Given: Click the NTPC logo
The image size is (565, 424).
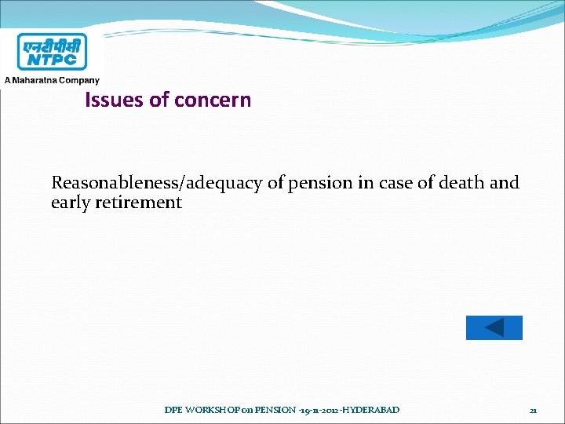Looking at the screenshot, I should [53, 52].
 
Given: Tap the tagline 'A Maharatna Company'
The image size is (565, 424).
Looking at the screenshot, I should [53, 80].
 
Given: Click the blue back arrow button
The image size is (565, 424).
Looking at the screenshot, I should [494, 327].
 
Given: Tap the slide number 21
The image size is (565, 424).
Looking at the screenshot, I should [533, 411].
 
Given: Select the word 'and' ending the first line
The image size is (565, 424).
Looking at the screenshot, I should [504, 183].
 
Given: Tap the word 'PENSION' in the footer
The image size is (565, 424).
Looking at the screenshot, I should [274, 410].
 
